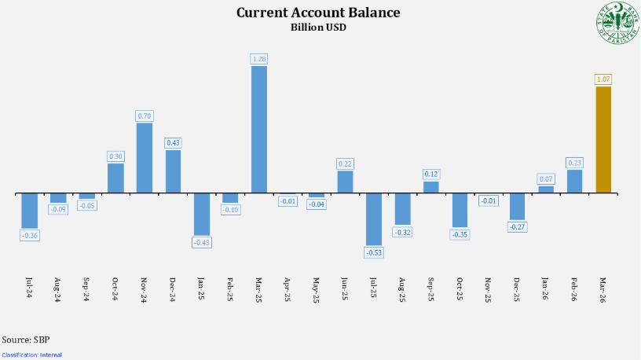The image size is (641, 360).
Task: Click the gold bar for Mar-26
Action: pos(603,140)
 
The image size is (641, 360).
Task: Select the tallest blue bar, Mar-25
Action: pos(258,130)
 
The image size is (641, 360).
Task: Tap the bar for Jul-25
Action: pos(374,219)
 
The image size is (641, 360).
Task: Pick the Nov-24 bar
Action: pos(145,158)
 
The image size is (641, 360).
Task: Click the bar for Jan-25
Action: pos(202,214)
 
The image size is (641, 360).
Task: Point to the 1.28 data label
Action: pos(258,59)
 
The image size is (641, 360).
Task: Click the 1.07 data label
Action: pos(603,79)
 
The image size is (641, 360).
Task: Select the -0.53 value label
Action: pos(374,252)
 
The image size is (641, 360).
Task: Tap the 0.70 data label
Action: pos(145,116)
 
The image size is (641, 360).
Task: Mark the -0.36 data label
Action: pos(30,235)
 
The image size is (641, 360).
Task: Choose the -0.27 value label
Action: pos(518,226)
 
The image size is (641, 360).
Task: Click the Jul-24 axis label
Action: pos(30,286)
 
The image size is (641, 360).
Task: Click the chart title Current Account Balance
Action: pos(318,13)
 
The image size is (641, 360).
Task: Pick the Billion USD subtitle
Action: pos(318,27)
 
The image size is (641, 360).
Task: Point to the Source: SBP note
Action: pos(25,340)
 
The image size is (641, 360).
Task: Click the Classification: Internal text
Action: pos(31,354)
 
